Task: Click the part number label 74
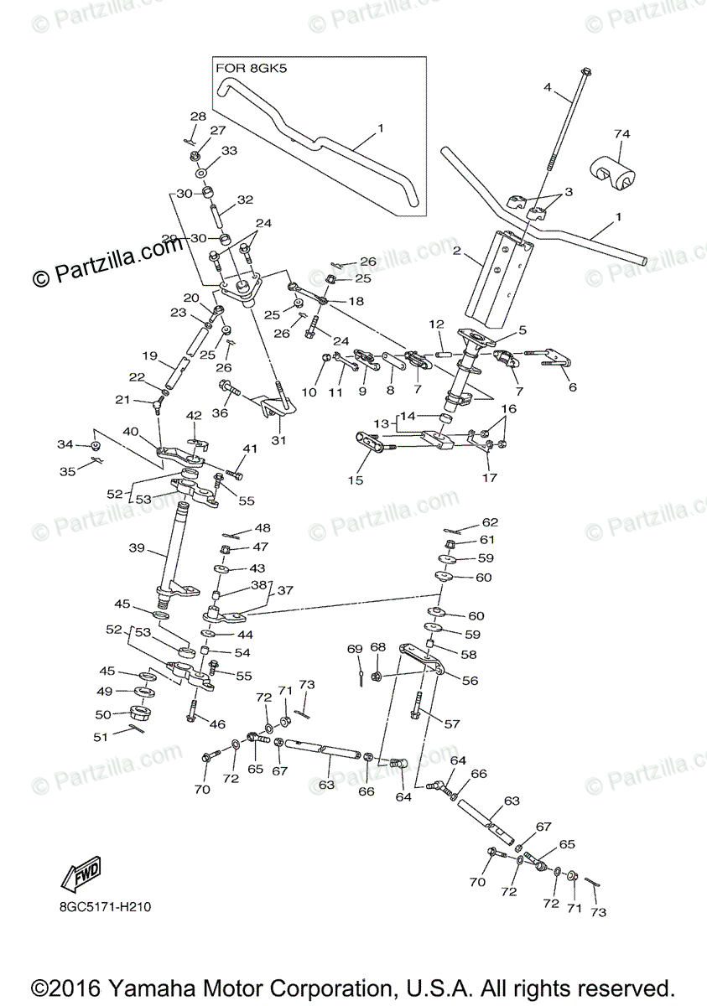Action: click(621, 134)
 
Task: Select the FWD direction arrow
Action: click(81, 875)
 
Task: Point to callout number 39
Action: click(138, 548)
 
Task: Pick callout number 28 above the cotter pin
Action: click(198, 116)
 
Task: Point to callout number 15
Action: click(356, 480)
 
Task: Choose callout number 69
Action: click(355, 649)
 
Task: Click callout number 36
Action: click(220, 412)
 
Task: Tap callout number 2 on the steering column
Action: click(458, 250)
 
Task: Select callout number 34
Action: click(65, 443)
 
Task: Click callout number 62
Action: click(490, 522)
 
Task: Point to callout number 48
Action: click(263, 528)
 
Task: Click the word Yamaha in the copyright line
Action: click(192, 987)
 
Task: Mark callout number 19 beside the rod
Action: click(149, 355)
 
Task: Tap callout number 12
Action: click(436, 324)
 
